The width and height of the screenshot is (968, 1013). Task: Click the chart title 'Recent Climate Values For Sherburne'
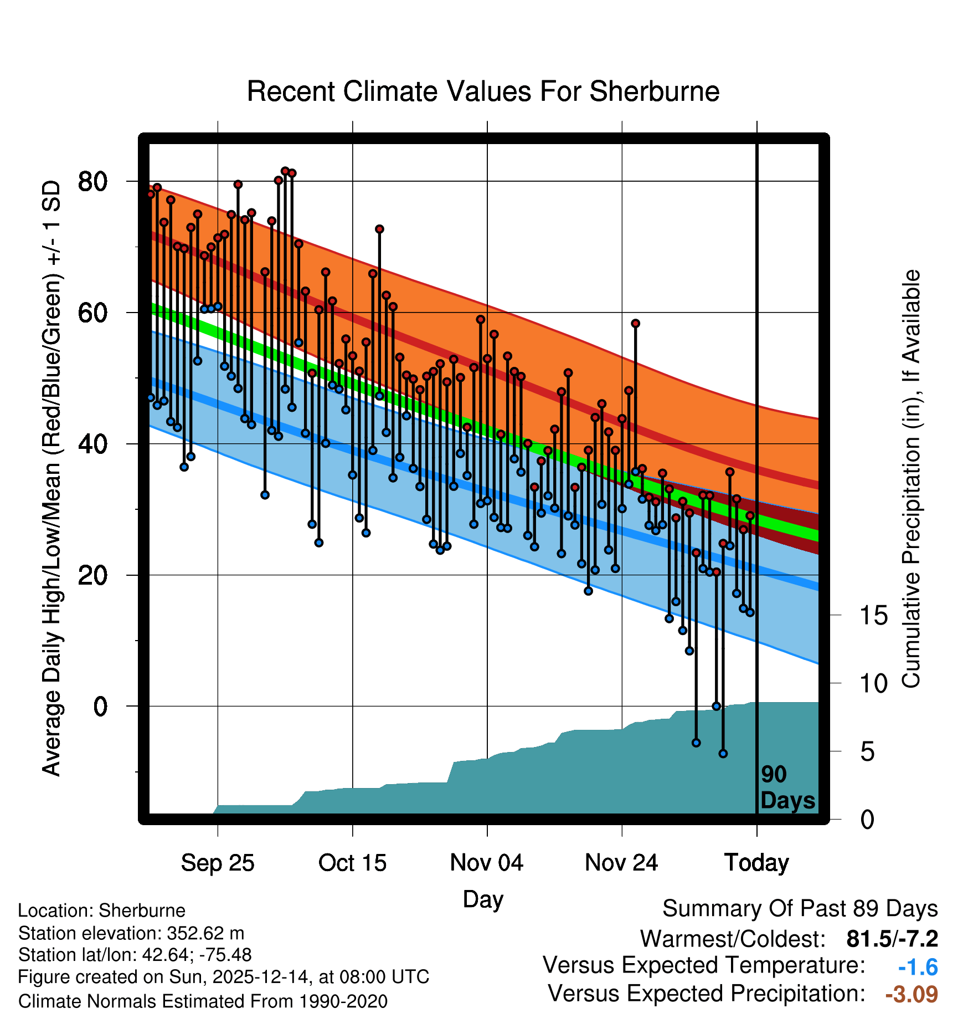(x=483, y=91)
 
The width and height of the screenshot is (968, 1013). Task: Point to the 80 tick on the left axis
(x=92, y=181)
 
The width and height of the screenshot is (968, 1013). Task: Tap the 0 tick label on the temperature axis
(x=100, y=707)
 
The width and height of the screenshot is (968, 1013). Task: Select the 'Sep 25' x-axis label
(x=218, y=863)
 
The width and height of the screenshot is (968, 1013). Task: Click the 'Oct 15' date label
(x=352, y=863)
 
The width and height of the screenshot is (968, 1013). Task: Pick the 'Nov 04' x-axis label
(x=487, y=863)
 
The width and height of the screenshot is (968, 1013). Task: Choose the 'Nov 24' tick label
(x=621, y=863)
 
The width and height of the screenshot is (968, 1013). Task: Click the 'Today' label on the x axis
(x=756, y=863)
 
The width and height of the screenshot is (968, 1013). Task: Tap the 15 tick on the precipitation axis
(x=874, y=616)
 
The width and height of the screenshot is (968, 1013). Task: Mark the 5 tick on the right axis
(x=868, y=752)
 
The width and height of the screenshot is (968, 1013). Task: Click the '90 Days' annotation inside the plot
(x=787, y=787)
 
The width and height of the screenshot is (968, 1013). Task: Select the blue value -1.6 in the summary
(x=918, y=967)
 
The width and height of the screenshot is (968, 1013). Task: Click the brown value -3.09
(x=912, y=994)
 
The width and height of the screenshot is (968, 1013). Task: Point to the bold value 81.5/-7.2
(x=892, y=939)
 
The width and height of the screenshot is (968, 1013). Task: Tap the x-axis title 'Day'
(x=483, y=899)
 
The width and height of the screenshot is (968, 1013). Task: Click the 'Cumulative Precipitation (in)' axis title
(x=911, y=479)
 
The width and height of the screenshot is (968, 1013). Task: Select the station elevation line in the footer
(x=131, y=933)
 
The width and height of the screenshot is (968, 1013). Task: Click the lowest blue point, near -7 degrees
(x=723, y=754)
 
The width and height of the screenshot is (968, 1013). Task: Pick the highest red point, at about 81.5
(x=285, y=171)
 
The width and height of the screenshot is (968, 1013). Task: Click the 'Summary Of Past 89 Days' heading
(x=800, y=909)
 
